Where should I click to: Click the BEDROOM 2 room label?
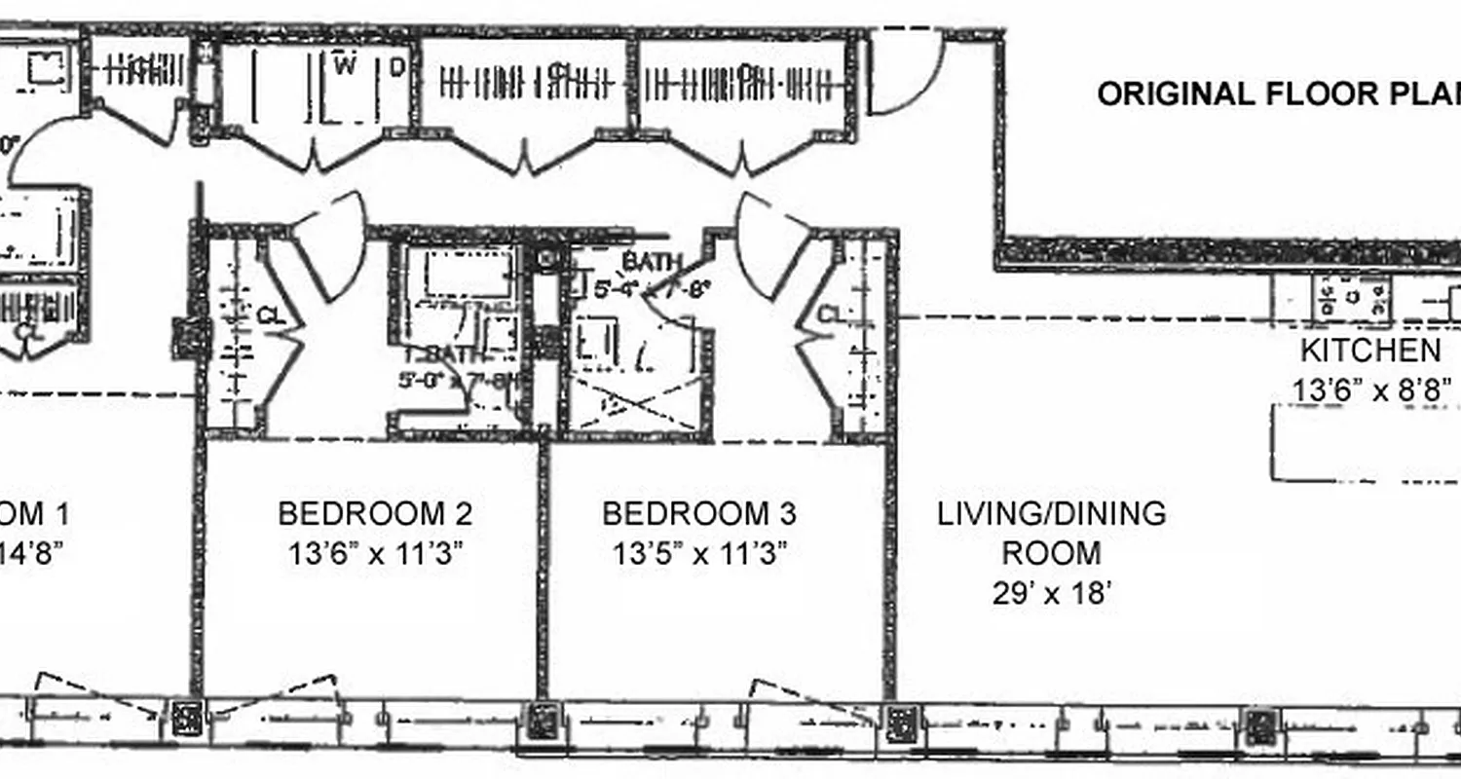(x=375, y=513)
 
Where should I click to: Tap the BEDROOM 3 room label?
(x=698, y=513)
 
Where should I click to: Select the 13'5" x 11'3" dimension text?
(x=698, y=554)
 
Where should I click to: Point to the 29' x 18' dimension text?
(x=1052, y=593)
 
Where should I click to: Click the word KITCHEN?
(x=1369, y=351)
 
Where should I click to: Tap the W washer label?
(x=344, y=66)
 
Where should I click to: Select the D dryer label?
(x=397, y=66)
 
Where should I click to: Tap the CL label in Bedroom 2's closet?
(x=270, y=316)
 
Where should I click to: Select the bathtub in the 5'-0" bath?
(x=469, y=274)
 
